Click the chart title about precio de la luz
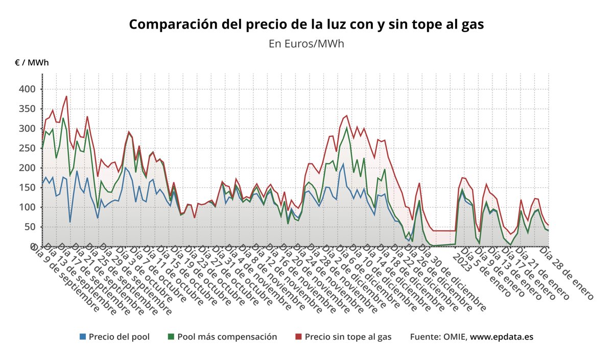[306, 24]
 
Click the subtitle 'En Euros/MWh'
[306, 43]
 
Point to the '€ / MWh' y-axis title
[32, 63]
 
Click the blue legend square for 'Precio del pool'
[83, 337]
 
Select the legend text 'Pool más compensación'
[227, 337]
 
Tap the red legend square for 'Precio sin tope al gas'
[299, 337]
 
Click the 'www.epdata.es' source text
[502, 337]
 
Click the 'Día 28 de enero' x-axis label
[568, 273]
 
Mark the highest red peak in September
[66, 96]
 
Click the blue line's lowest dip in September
[70, 222]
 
